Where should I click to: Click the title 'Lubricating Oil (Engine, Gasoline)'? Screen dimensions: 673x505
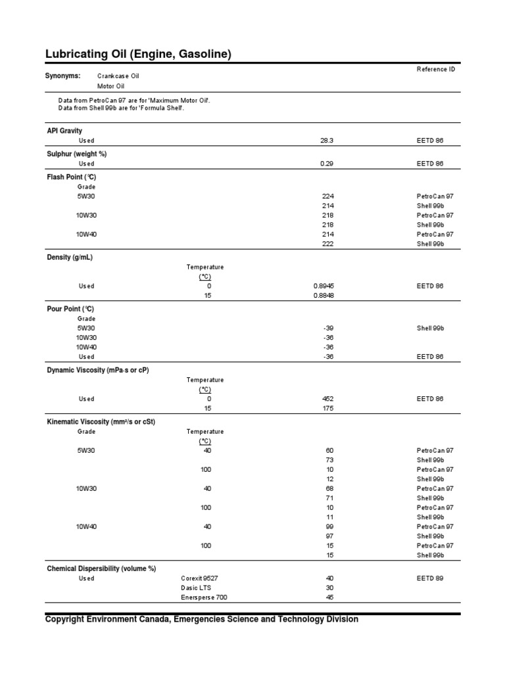pyautogui.click(x=138, y=54)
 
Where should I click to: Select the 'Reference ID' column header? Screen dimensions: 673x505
pyautogui.click(x=435, y=69)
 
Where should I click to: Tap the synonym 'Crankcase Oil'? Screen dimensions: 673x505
pyautogui.click(x=118, y=76)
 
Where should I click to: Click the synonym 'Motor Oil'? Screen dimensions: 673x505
pyautogui.click(x=110, y=86)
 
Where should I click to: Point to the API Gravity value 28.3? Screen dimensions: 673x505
pyautogui.click(x=327, y=141)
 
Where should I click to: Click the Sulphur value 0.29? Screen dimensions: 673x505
pyautogui.click(x=327, y=164)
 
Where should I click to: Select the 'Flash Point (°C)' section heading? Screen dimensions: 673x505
pyautogui.click(x=72, y=177)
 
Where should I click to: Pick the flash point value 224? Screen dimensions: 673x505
pyautogui.click(x=328, y=197)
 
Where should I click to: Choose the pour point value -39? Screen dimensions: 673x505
pyautogui.click(x=328, y=328)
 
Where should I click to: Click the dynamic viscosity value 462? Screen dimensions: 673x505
pyautogui.click(x=328, y=399)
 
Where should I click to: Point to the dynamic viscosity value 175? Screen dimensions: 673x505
pyautogui.click(x=328, y=408)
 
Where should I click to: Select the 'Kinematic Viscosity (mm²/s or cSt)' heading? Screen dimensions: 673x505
pyautogui.click(x=101, y=421)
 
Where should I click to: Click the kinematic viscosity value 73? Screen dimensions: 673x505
pyautogui.click(x=330, y=460)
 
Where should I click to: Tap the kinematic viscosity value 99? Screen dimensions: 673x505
pyautogui.click(x=330, y=527)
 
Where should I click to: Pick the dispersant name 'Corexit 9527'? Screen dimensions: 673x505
pyautogui.click(x=199, y=579)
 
